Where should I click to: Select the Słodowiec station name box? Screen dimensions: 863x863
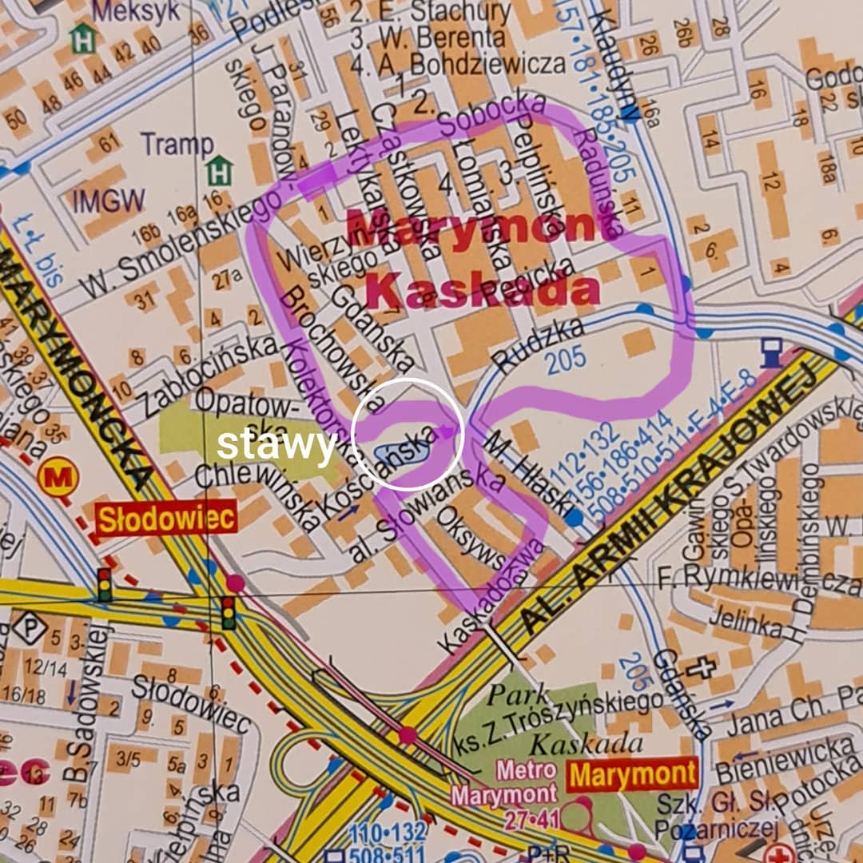166,519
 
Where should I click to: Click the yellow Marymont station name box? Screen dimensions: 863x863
633,774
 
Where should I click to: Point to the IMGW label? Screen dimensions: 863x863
109,201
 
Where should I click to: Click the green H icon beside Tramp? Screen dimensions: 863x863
219,170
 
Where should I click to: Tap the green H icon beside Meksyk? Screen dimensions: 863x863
82,38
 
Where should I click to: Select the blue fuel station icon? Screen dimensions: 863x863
771,352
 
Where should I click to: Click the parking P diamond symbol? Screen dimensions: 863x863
29,627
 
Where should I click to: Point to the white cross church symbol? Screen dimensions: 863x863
700,667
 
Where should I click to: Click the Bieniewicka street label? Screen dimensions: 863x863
783,759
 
